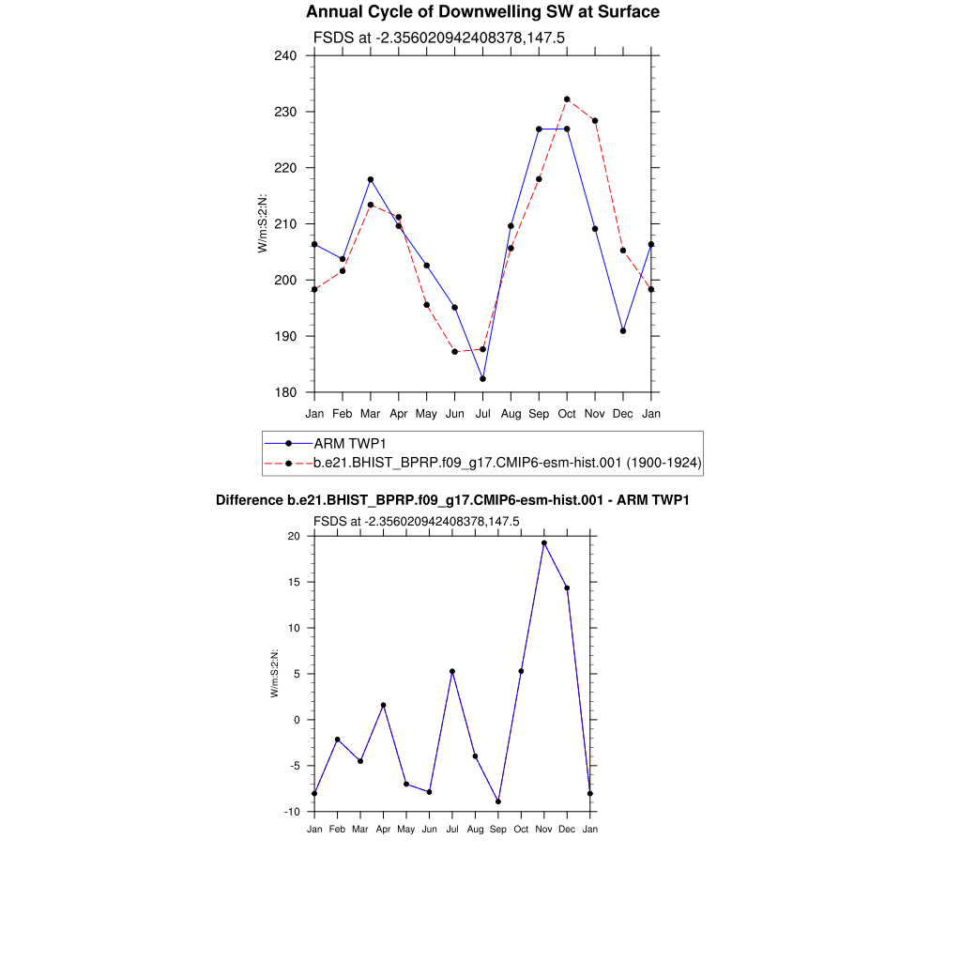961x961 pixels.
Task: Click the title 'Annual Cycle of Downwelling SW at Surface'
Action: coord(482,12)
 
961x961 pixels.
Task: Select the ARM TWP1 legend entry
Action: coord(352,443)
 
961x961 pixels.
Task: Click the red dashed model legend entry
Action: coord(508,463)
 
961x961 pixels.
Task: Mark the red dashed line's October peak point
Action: coord(567,99)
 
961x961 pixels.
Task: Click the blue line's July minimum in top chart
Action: coord(482,379)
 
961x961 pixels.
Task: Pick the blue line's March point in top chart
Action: coord(371,179)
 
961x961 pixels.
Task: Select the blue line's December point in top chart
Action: coord(623,330)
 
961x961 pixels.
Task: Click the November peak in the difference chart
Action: coord(544,543)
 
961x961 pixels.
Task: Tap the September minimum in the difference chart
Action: coord(498,801)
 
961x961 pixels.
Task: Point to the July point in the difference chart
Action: coord(452,671)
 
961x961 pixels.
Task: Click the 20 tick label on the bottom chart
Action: coord(293,537)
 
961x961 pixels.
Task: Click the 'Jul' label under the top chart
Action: coord(482,413)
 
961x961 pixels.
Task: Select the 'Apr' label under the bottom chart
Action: coord(383,829)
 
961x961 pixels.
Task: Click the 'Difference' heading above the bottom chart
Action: coord(452,500)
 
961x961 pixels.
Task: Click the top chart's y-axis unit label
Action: coord(264,223)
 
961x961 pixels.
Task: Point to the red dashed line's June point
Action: coord(455,352)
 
